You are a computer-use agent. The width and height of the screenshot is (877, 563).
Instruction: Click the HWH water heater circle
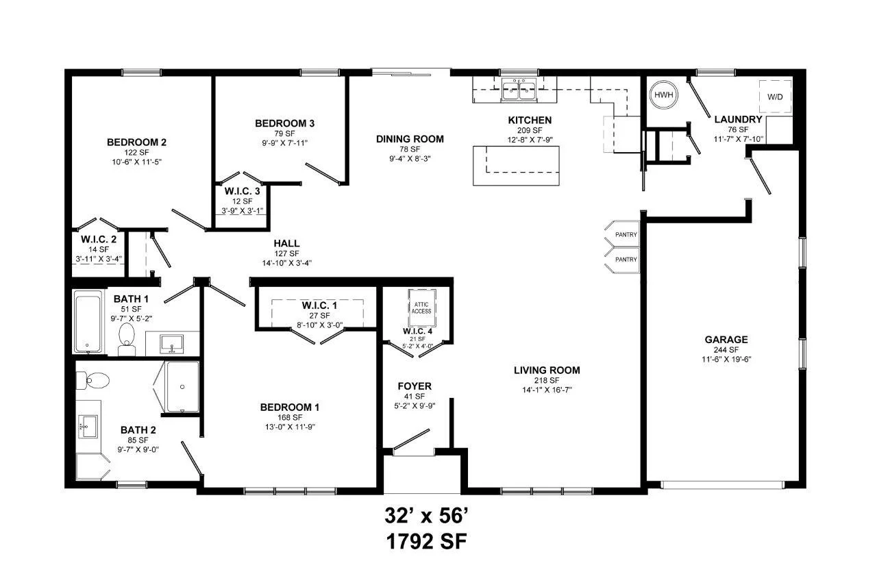663,96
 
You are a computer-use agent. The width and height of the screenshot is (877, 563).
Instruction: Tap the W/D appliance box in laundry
775,97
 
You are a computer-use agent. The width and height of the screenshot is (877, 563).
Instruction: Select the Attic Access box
421,306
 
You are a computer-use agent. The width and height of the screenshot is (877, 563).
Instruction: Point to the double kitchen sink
519,88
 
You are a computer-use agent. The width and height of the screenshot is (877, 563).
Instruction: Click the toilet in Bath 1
127,338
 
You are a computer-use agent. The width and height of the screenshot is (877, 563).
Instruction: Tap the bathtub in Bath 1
88,321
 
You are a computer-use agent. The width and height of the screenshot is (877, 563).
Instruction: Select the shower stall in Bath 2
182,386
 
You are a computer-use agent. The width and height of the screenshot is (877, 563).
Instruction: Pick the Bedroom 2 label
136,142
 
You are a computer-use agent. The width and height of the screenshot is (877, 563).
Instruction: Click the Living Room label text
547,371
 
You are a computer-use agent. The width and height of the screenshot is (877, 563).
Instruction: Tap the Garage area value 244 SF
726,349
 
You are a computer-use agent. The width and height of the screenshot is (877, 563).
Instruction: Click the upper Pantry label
626,235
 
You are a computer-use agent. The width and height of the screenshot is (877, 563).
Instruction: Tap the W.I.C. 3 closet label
242,191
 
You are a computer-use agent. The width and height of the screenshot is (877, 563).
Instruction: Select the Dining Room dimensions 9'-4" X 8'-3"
409,158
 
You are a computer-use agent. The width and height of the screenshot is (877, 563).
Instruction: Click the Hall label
286,243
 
